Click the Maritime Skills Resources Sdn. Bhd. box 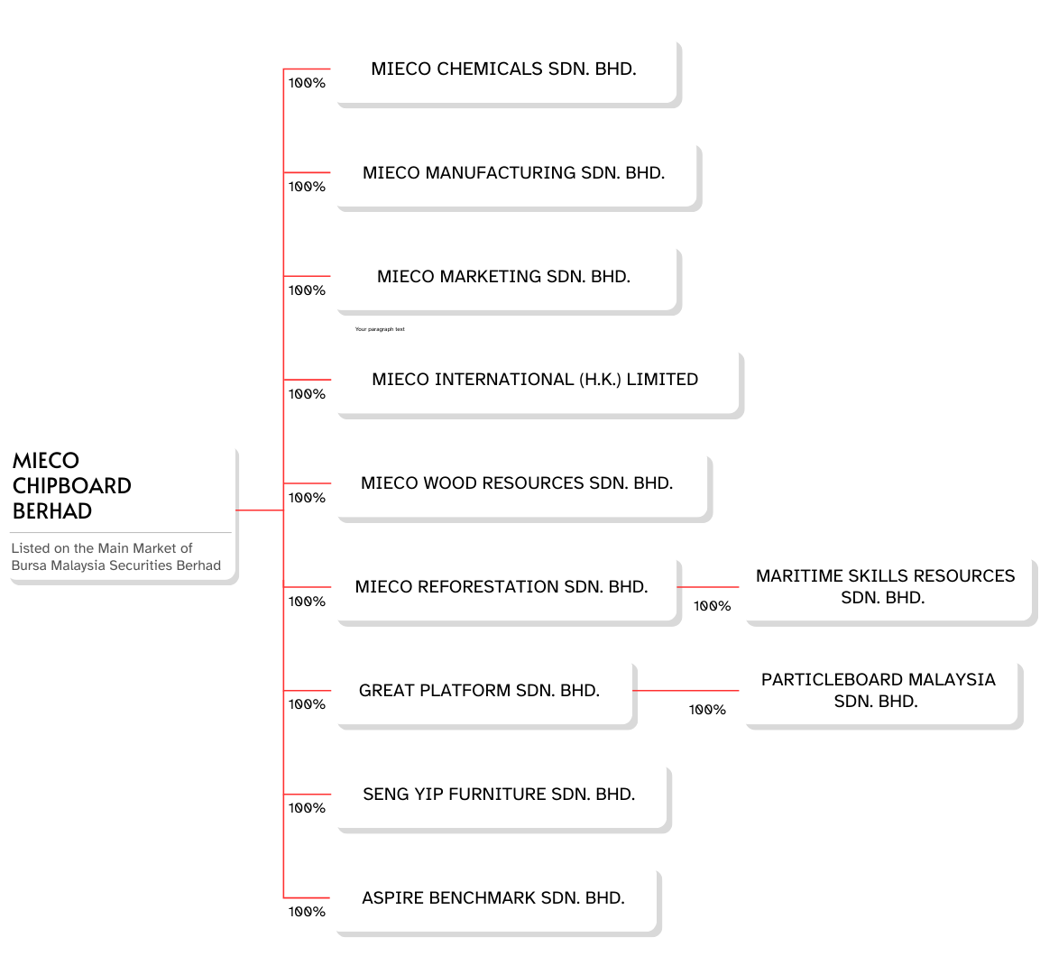click(x=891, y=593)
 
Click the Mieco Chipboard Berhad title click(x=71, y=486)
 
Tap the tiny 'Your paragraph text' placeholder click(x=380, y=329)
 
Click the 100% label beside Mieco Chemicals click(x=307, y=83)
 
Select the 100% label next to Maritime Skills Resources click(x=713, y=606)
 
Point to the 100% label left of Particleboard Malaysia click(x=708, y=710)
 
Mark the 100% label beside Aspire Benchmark click(x=307, y=912)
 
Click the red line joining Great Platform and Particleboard click(x=686, y=690)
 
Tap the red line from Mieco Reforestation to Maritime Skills click(x=708, y=587)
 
